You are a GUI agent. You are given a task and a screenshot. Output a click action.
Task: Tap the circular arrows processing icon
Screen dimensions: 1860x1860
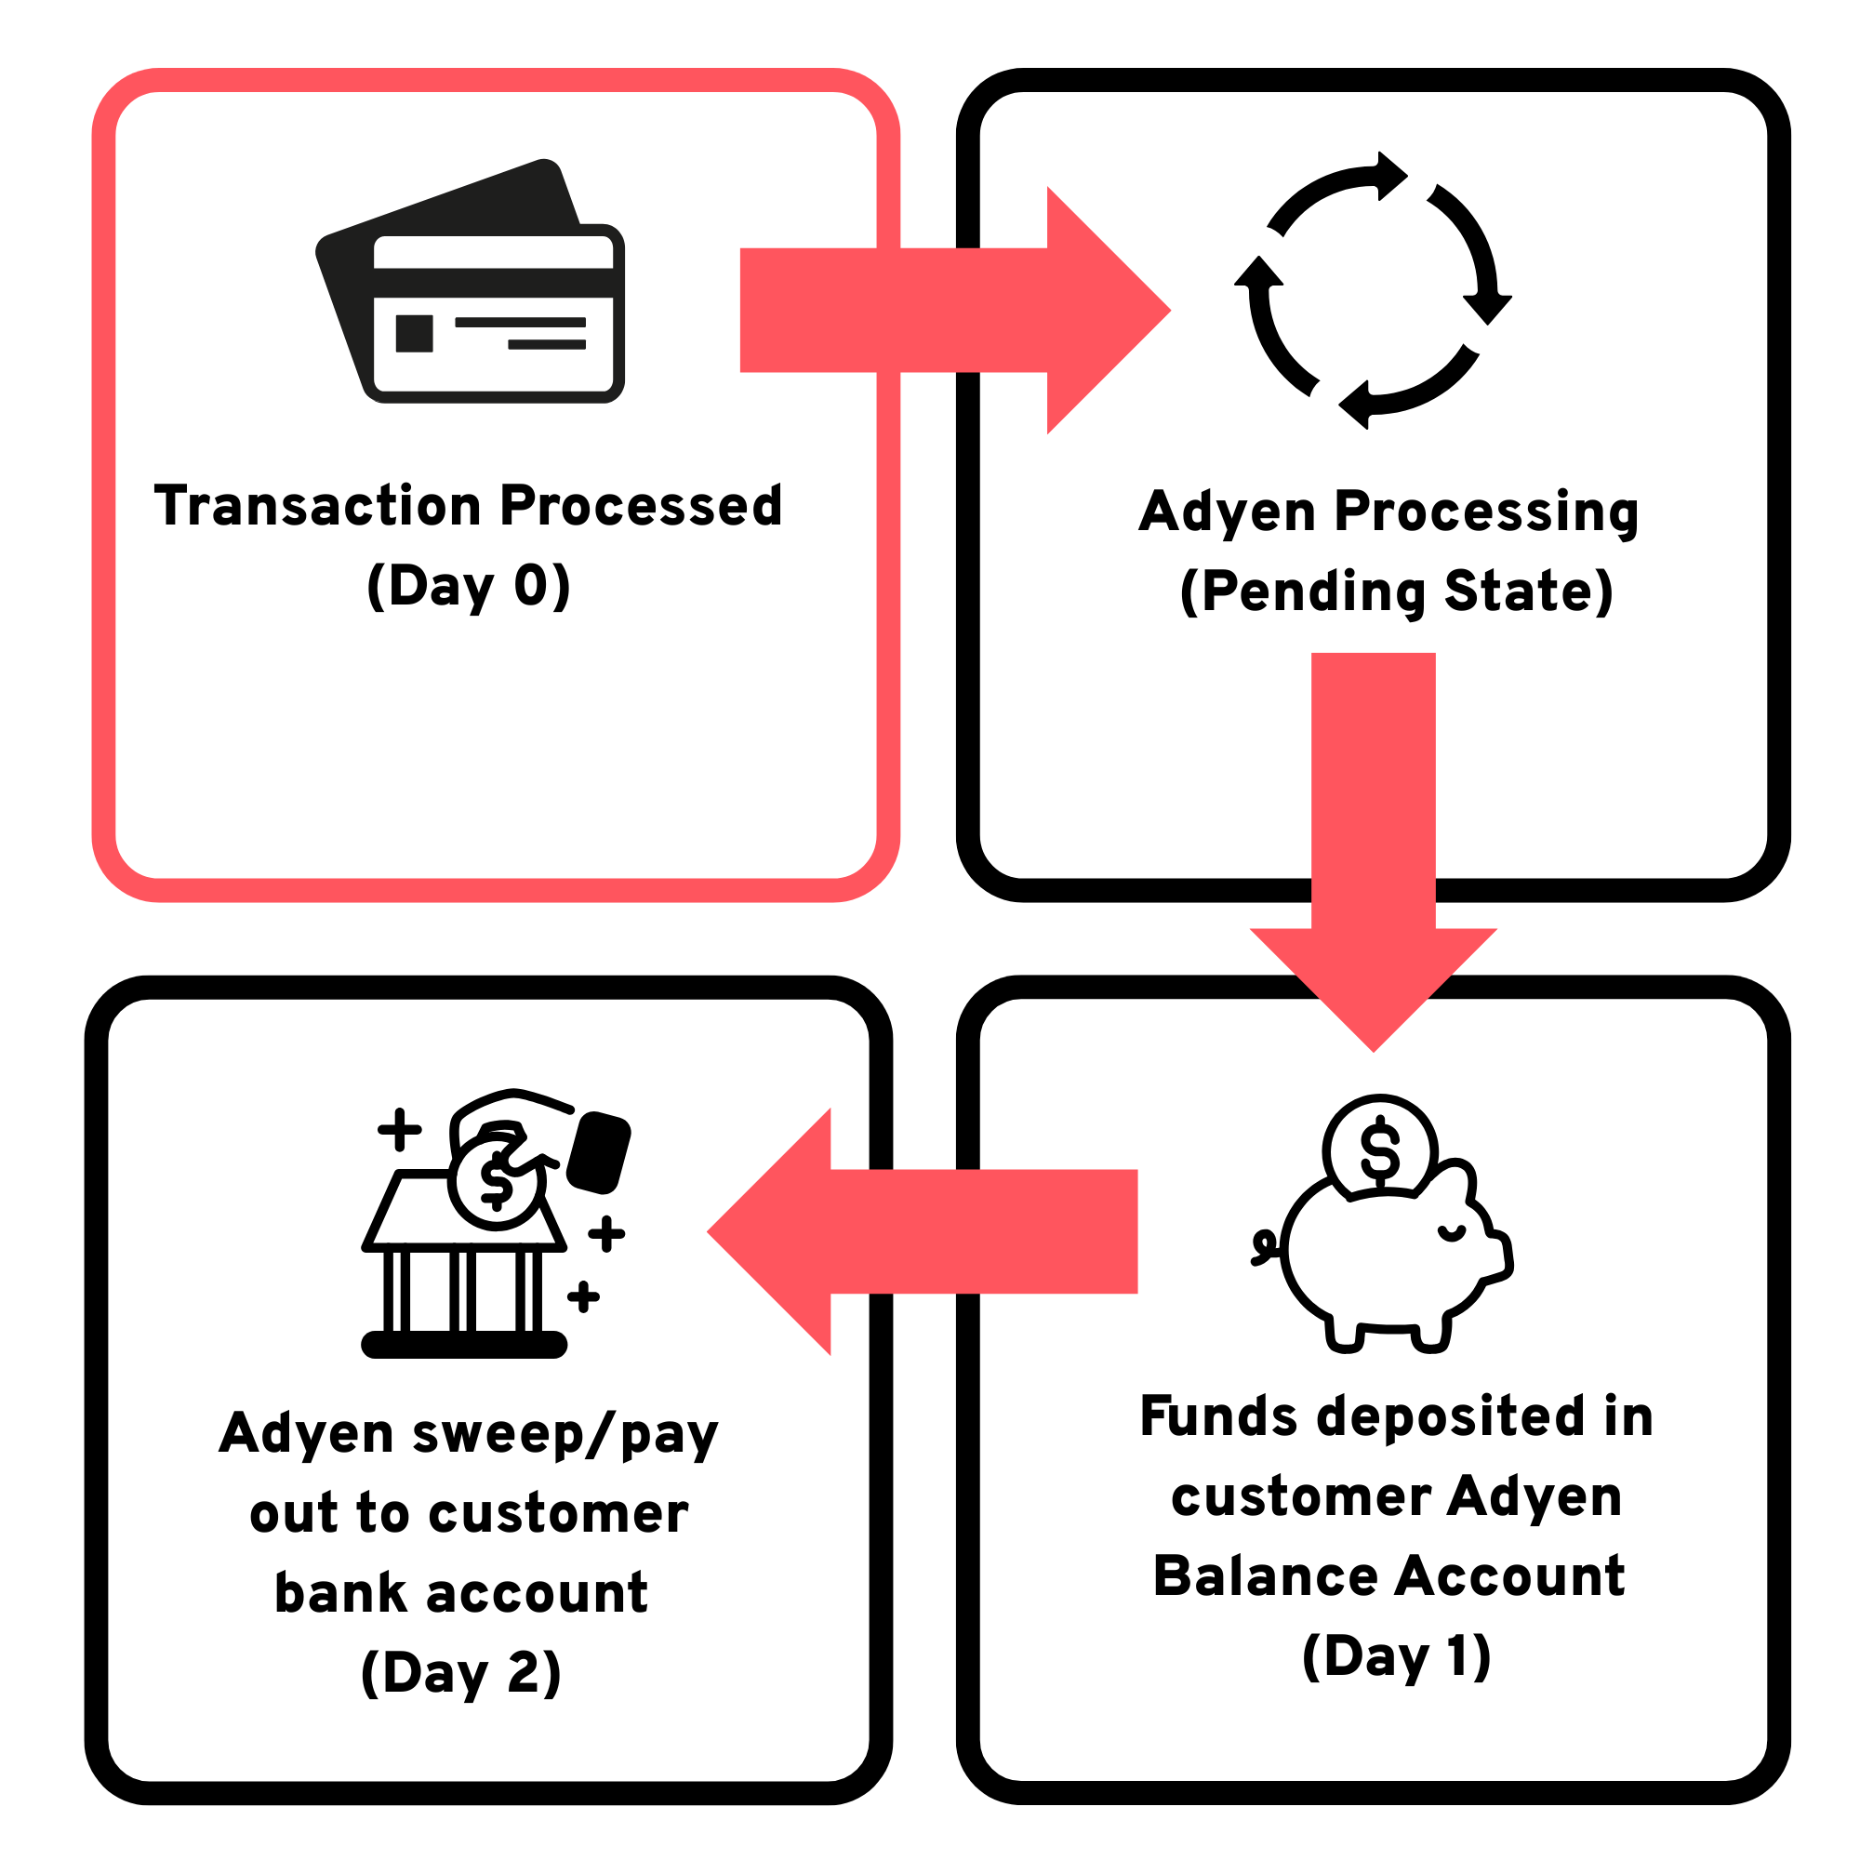tap(1373, 291)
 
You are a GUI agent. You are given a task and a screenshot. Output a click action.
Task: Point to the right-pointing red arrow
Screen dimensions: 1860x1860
tap(953, 310)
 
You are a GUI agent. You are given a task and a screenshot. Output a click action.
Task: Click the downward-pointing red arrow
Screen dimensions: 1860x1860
tap(1373, 847)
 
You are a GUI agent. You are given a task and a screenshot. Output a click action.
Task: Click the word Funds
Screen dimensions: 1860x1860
tap(1219, 1416)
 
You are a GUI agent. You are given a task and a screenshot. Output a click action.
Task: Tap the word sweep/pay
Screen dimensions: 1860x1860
tap(565, 1434)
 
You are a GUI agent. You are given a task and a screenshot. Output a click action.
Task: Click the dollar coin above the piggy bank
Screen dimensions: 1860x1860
tap(1379, 1149)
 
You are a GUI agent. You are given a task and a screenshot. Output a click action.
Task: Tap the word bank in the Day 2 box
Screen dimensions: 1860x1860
tap(341, 1593)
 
